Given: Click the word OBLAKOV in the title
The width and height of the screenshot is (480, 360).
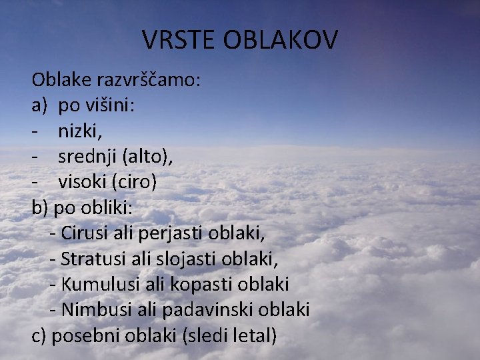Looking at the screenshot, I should [x=281, y=40].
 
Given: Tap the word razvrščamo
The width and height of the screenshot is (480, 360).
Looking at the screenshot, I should [x=147, y=81].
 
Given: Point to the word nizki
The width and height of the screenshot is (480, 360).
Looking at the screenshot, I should [x=80, y=131].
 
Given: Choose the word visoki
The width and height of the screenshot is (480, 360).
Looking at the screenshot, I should [x=84, y=182].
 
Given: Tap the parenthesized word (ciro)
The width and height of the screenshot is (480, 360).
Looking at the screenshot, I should [x=134, y=182].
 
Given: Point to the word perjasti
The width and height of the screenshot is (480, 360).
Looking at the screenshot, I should [x=171, y=233].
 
